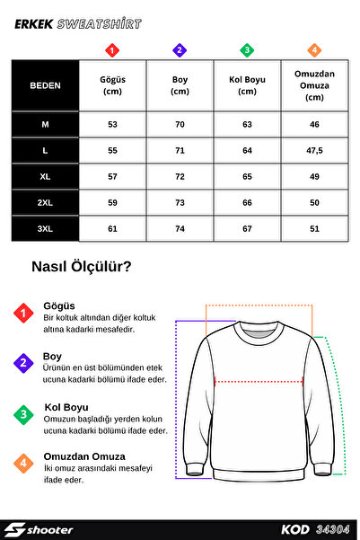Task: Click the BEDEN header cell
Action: click(45, 85)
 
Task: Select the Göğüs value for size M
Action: click(112, 125)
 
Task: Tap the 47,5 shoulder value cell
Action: click(314, 151)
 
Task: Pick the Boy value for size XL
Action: click(180, 177)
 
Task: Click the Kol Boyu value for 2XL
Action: click(247, 203)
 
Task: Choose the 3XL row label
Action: click(45, 229)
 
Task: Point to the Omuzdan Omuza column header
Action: click(314, 85)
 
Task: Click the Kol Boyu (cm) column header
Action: click(247, 85)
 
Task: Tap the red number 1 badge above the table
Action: click(112, 50)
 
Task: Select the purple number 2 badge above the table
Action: click(180, 50)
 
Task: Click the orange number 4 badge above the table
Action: click(314, 50)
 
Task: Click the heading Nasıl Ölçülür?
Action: click(82, 266)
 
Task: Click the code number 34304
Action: click(333, 529)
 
